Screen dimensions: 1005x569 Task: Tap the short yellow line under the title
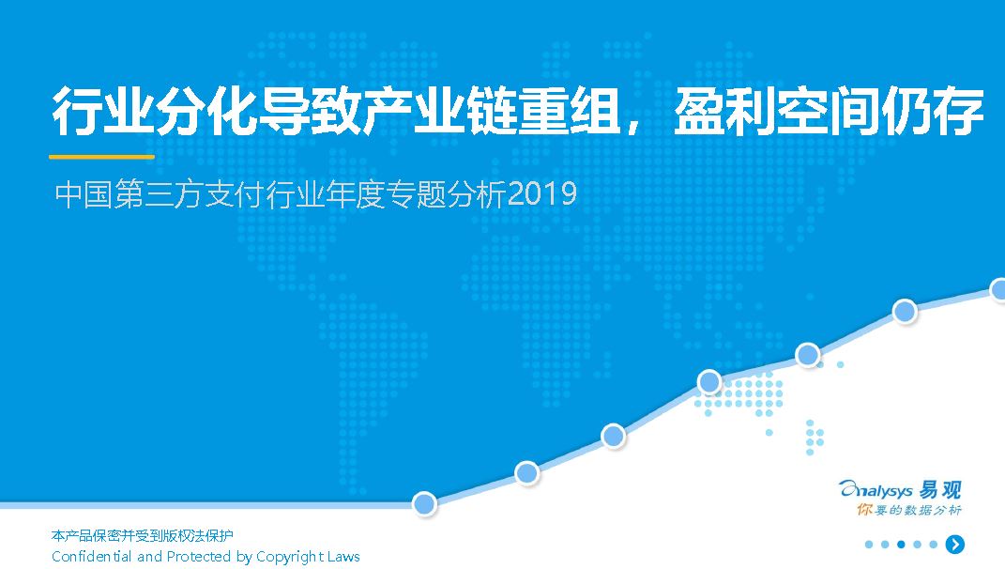tap(102, 156)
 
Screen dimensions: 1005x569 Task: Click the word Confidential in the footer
tap(92, 556)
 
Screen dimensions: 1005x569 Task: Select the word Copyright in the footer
tap(289, 557)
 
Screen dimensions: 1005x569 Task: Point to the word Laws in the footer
tap(343, 556)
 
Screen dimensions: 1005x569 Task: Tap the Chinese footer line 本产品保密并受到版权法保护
tap(143, 535)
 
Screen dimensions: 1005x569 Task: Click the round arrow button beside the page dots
tap(955, 544)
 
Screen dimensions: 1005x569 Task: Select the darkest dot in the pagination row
tap(901, 545)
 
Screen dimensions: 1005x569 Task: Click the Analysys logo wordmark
tap(876, 491)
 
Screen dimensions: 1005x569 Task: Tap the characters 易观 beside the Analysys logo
tap(940, 489)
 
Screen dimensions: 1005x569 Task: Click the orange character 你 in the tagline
tap(864, 510)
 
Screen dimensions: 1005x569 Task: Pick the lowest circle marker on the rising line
tap(424, 503)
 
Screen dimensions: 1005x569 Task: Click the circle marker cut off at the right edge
tap(997, 289)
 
